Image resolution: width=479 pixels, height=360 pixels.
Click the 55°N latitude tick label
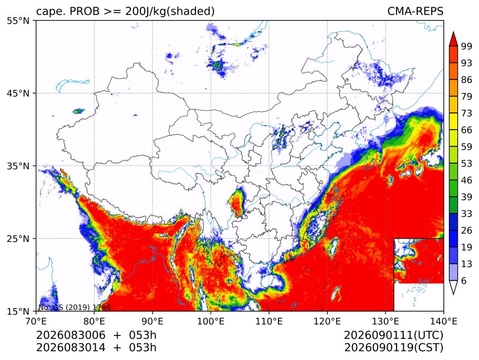[18, 21]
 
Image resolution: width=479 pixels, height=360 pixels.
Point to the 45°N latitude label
[18, 93]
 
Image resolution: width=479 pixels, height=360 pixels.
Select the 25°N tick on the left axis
[18, 238]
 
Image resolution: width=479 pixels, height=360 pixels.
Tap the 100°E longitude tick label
[211, 321]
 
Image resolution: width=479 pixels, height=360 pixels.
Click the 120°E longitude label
[327, 321]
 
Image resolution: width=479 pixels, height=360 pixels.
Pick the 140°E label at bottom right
[443, 321]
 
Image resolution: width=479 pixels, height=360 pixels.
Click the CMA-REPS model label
[415, 11]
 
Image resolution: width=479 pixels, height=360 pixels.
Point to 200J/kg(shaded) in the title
[170, 12]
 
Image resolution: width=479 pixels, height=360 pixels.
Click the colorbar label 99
[467, 46]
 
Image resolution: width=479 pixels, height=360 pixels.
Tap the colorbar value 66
[467, 130]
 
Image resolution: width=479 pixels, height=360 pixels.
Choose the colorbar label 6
[464, 280]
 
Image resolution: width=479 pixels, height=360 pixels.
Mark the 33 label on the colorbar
[467, 214]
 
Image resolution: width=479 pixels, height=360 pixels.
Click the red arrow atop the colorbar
[453, 39]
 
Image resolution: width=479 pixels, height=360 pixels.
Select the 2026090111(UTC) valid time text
[393, 336]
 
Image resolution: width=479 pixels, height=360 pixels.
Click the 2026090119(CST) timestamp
[393, 348]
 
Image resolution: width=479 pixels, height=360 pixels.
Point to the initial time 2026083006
[71, 335]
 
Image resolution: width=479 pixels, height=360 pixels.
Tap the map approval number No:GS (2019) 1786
[74, 307]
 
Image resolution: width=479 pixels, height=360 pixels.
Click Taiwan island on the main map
[333, 246]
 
